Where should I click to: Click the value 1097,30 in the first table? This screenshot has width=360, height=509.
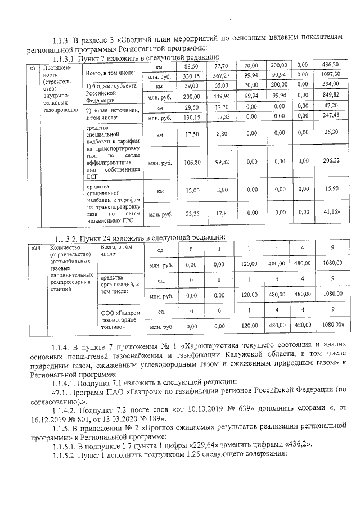[x=330, y=74]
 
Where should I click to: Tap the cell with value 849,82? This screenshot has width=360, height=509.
[x=330, y=95]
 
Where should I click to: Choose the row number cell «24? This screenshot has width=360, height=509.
[x=36, y=248]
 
